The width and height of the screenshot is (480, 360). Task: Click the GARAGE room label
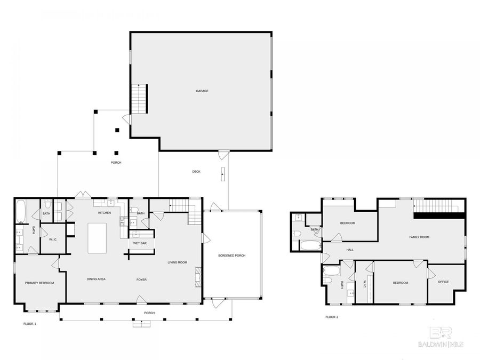click(x=202, y=91)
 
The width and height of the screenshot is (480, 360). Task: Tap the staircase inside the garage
click(x=139, y=99)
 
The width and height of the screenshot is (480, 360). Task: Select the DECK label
click(x=196, y=171)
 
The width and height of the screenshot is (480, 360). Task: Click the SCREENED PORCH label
click(x=232, y=256)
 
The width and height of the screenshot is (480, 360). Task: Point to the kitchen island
click(x=97, y=238)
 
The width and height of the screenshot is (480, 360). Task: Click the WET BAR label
click(x=140, y=243)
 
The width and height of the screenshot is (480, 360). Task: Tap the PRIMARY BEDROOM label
click(x=39, y=283)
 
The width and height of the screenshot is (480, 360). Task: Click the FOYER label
click(x=141, y=279)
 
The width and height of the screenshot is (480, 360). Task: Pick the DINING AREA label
click(x=96, y=279)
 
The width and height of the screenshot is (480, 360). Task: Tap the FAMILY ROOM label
click(x=419, y=237)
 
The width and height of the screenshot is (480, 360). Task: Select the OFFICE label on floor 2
click(x=443, y=282)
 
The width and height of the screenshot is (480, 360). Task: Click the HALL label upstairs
click(x=350, y=250)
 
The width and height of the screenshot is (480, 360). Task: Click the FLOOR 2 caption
click(x=332, y=317)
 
